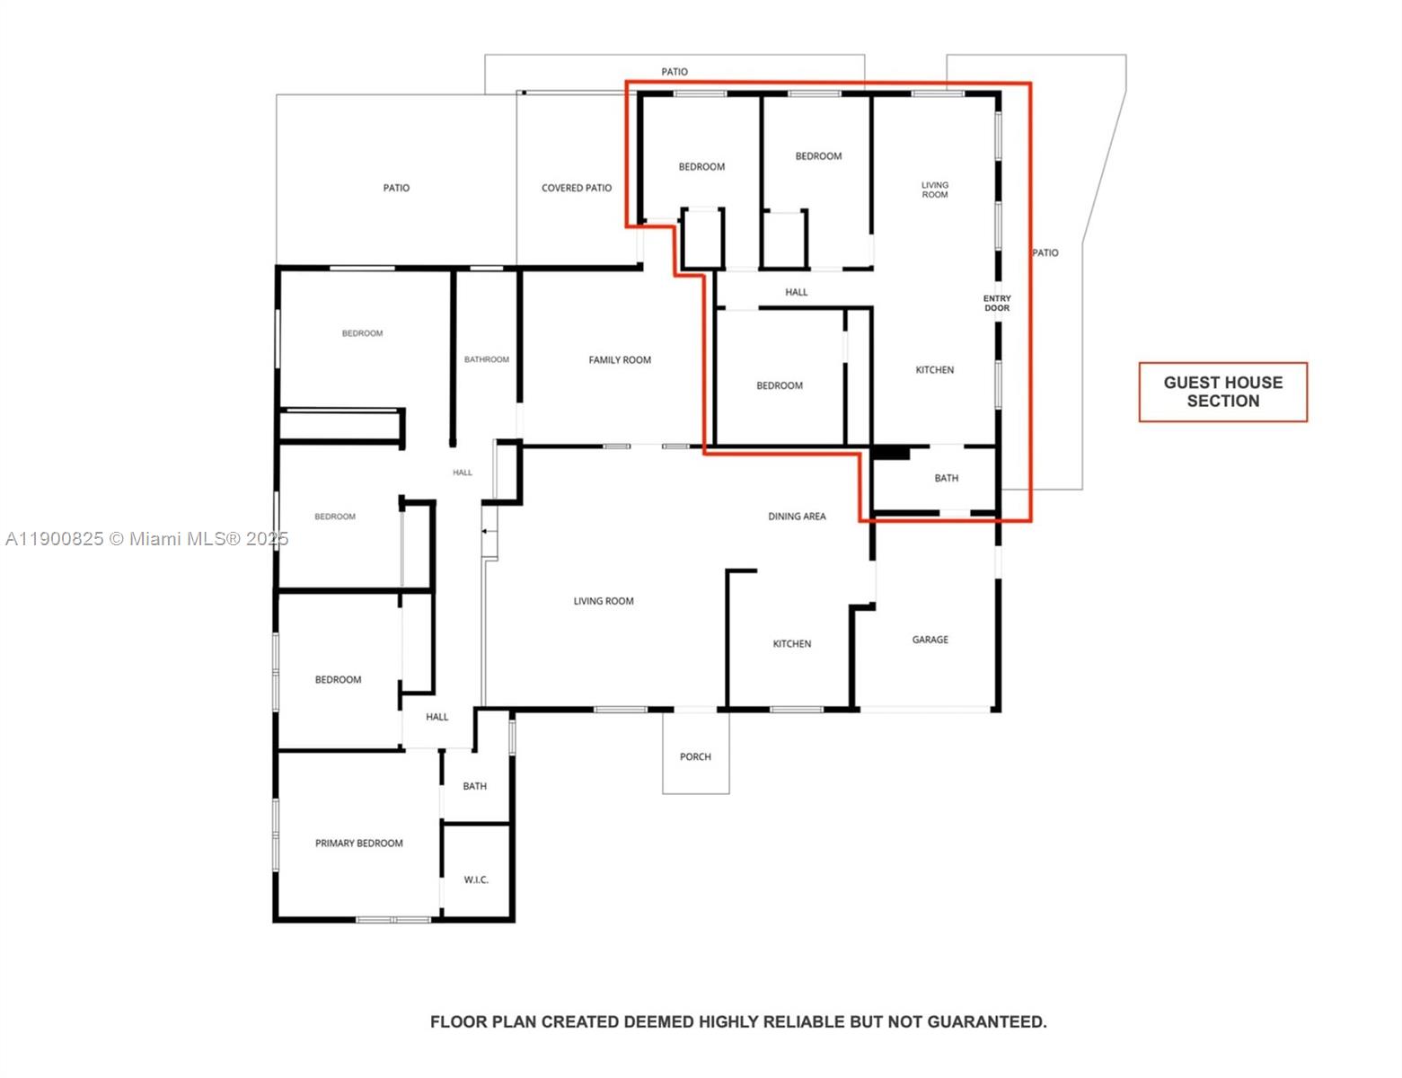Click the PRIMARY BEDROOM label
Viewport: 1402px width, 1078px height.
(358, 844)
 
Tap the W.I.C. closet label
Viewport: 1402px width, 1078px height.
(476, 879)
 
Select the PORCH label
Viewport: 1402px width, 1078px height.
(695, 757)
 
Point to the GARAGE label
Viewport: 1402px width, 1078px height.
(930, 640)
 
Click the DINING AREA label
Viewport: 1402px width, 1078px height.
(797, 517)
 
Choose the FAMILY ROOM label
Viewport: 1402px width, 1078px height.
(620, 360)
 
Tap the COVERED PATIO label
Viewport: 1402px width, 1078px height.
(576, 189)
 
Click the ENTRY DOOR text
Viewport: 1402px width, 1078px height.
(997, 304)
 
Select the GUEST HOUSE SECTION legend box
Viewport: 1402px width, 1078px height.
(1222, 393)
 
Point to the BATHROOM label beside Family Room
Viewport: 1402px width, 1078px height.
(487, 359)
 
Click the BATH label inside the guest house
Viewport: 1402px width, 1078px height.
(946, 479)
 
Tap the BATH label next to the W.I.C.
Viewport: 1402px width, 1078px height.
(474, 786)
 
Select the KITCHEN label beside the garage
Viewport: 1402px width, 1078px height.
(791, 644)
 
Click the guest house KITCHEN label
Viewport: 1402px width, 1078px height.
(934, 370)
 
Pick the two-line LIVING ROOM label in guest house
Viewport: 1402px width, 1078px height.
(934, 190)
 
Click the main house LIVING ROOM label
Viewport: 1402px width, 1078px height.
(604, 602)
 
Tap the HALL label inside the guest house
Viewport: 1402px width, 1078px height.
(796, 292)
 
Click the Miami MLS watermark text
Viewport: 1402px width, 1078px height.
(146, 539)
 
